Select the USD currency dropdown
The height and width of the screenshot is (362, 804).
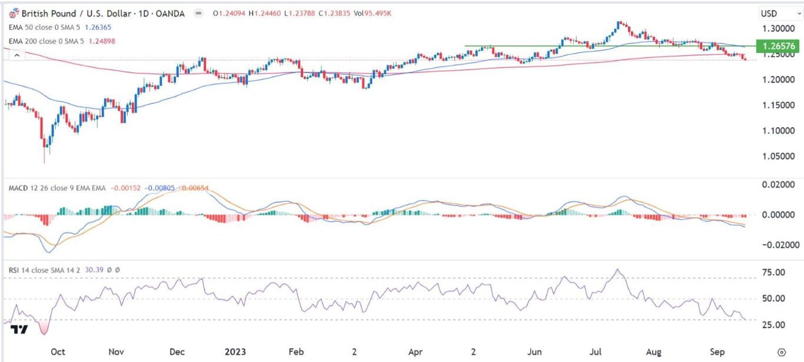773,13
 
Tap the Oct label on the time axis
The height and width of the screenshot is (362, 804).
58,351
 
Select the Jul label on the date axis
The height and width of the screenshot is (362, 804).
596,351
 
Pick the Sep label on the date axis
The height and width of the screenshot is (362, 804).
717,351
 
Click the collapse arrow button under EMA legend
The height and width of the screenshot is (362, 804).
17,55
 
